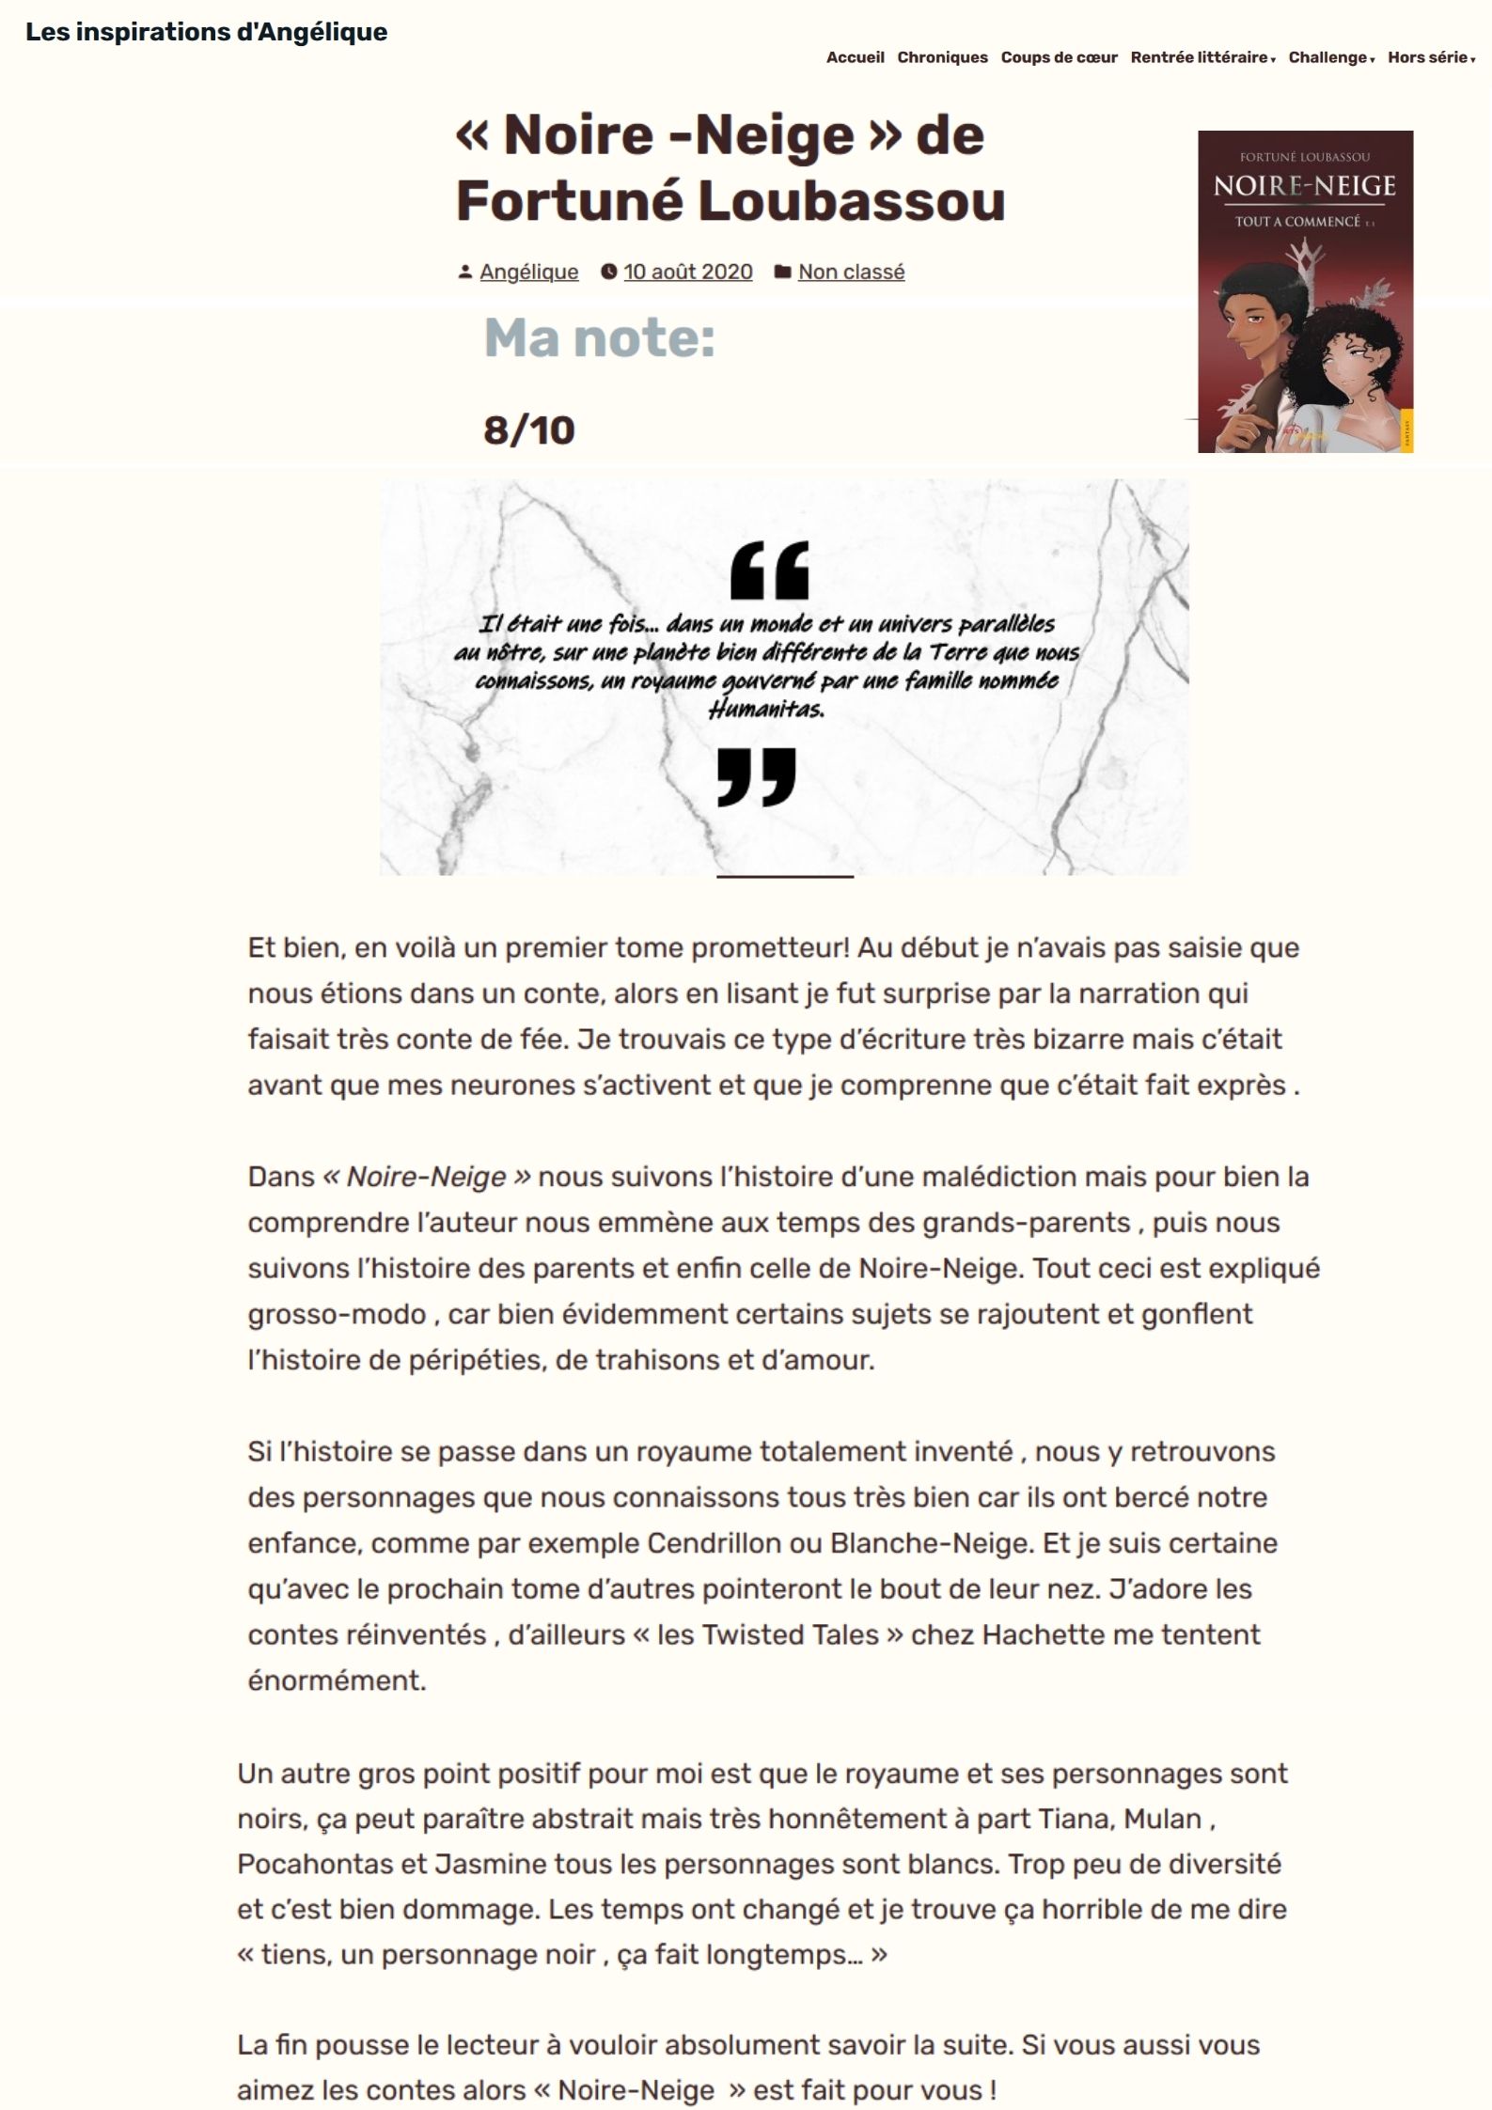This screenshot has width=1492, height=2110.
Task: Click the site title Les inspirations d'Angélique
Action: point(206,32)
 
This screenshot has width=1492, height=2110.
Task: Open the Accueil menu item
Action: point(855,57)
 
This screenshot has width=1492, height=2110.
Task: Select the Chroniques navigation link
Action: point(942,57)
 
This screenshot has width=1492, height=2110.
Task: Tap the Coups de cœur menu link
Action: point(1059,57)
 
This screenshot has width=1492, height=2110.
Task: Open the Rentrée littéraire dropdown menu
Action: point(1201,57)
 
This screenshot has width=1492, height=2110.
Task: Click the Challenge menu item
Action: point(1330,57)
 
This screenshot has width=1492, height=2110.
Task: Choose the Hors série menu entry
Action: point(1430,57)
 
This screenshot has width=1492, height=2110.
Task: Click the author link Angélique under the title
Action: point(528,272)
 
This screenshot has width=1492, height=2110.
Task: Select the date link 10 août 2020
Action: point(687,272)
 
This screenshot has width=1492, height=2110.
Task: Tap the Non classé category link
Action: point(851,272)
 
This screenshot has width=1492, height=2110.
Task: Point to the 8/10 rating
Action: point(528,430)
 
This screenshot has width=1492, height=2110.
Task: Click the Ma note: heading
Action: point(599,338)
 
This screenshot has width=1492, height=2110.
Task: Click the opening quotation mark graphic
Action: point(769,570)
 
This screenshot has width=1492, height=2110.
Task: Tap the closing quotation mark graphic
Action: point(756,776)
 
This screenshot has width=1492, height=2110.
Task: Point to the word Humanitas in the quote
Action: point(766,710)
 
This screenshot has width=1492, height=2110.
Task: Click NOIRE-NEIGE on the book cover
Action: point(1304,185)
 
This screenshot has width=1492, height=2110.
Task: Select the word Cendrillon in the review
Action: point(715,1543)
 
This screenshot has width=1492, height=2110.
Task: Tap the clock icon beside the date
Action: point(609,272)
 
